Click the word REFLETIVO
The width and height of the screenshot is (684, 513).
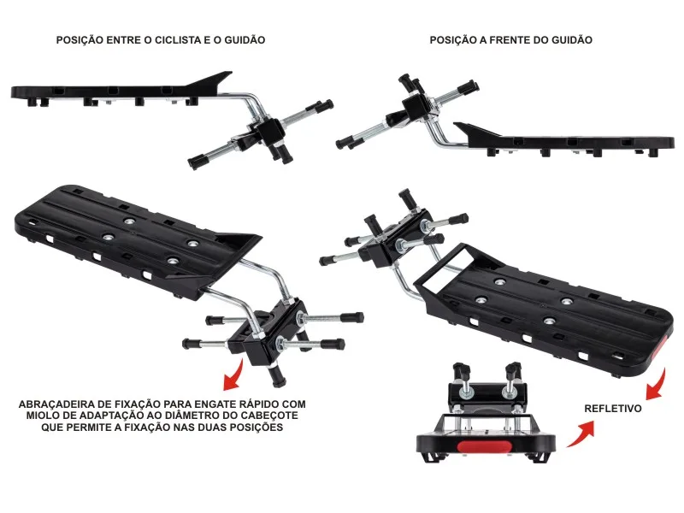[613, 409]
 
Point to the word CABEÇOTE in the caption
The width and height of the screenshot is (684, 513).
[269, 416]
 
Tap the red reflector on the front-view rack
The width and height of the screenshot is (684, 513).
[486, 446]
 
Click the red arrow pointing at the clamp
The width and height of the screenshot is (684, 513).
[234, 374]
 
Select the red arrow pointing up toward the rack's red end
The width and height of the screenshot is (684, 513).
[657, 385]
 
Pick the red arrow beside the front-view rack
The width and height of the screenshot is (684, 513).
[581, 433]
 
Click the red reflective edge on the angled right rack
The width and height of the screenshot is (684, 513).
[658, 349]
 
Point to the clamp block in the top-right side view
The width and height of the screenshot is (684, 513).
[415, 109]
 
